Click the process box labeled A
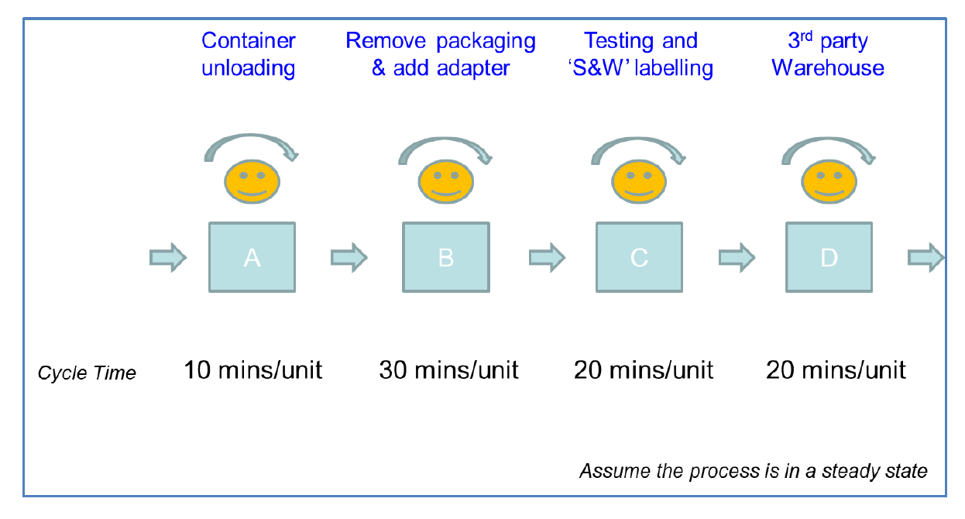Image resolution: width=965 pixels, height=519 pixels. pyautogui.click(x=252, y=257)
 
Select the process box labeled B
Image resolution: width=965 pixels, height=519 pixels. pyautogui.click(x=446, y=257)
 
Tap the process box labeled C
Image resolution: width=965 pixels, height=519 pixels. pyautogui.click(x=639, y=257)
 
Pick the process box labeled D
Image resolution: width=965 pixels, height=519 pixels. pyautogui.click(x=829, y=257)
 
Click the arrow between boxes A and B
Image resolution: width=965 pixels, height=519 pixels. pyautogui.click(x=349, y=257)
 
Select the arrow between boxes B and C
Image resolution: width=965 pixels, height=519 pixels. pyautogui.click(x=547, y=257)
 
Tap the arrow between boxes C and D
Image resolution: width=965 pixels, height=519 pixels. pyautogui.click(x=737, y=257)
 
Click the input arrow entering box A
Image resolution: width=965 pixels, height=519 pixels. pyautogui.click(x=167, y=257)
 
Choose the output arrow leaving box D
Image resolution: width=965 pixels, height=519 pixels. pyautogui.click(x=926, y=257)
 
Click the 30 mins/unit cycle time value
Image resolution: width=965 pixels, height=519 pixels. pyautogui.click(x=448, y=370)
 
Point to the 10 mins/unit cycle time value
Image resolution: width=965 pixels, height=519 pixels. pyautogui.click(x=252, y=370)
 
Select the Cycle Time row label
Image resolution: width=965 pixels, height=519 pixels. pyautogui.click(x=87, y=373)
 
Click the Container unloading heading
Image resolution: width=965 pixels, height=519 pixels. pyautogui.click(x=249, y=54)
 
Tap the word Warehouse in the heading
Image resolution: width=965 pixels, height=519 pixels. pyautogui.click(x=828, y=68)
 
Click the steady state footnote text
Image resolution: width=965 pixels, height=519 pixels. pyautogui.click(x=753, y=471)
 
